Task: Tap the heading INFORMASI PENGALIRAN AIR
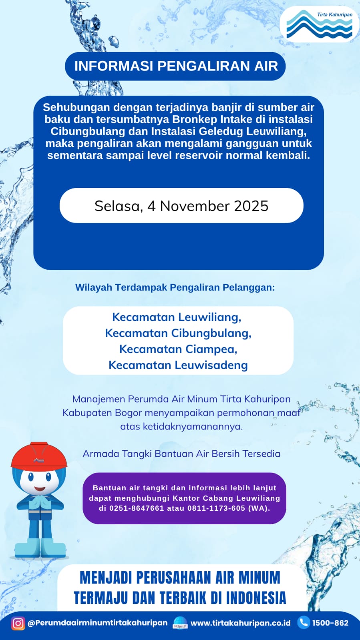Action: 176,66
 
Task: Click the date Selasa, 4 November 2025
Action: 181,206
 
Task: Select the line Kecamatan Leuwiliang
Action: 177,317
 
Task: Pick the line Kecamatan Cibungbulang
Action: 178,333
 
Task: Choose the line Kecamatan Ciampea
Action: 178,349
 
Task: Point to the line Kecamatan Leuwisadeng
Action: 178,365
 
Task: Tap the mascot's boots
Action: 40,548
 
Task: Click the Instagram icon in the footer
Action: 18,623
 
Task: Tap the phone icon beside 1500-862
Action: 304,622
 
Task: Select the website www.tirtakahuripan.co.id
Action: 240,623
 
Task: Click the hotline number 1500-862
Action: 330,623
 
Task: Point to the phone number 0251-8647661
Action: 137,508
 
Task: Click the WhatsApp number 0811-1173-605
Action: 216,508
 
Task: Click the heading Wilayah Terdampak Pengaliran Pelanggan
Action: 175,287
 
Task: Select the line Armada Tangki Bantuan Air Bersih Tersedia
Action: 181,453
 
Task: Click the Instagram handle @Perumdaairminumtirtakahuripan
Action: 97,623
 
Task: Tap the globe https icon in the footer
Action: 180,623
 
